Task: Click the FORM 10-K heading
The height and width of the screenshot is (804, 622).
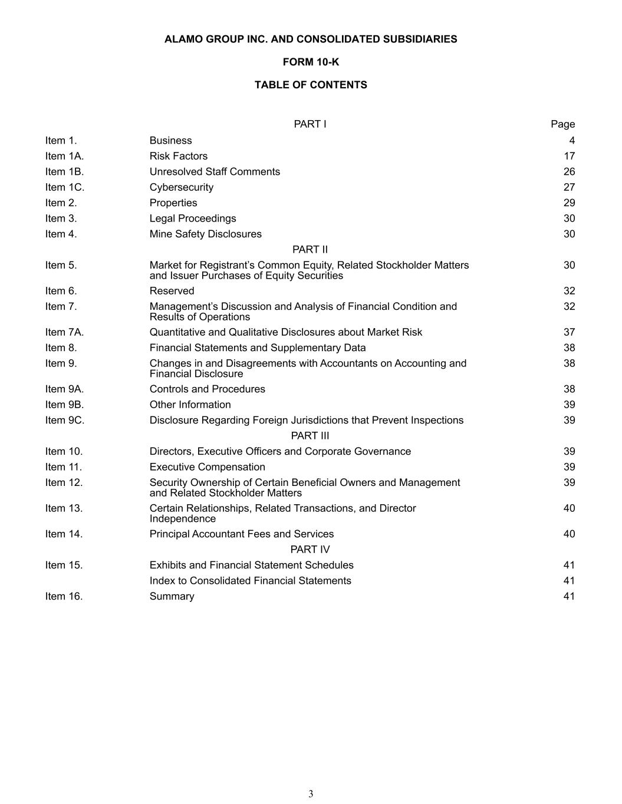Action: coord(311,62)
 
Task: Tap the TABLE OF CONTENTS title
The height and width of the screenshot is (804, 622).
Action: coord(311,85)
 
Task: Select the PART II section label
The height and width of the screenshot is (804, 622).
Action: coord(310,249)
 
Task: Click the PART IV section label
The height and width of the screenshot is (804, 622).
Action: coord(310,549)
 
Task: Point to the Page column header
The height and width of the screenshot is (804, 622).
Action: coord(562,124)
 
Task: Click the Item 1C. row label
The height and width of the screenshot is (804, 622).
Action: coord(65,187)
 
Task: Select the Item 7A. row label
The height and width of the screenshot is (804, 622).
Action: coord(65,332)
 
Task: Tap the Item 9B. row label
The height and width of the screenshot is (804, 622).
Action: coord(65,405)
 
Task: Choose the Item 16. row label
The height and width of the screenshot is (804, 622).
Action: coord(64,596)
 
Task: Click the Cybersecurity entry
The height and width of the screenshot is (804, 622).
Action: coord(182,187)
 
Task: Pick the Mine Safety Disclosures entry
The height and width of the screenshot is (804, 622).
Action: coord(206,234)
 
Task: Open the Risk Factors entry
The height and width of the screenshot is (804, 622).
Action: coord(179,156)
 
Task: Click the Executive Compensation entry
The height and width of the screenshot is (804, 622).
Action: coord(208,467)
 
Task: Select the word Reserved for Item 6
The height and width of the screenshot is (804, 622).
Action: coord(172,291)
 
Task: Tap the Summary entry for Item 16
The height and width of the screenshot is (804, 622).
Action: coord(172,596)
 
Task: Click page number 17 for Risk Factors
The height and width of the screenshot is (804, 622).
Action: coord(569,156)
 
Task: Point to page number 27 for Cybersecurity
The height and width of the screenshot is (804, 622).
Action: coord(569,187)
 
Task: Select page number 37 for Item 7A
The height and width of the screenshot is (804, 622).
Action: coord(569,332)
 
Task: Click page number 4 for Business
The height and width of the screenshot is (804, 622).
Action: coord(572,140)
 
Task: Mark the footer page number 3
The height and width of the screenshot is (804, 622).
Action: coord(311,794)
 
